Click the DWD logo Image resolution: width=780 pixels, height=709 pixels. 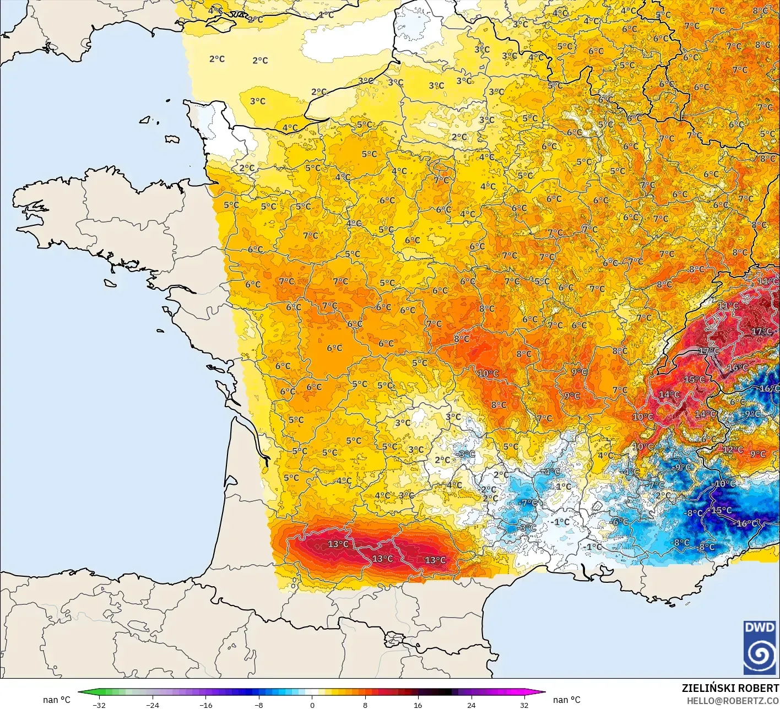760,647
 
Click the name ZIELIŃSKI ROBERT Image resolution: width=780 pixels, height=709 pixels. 730,688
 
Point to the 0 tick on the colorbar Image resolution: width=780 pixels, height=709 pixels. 312,705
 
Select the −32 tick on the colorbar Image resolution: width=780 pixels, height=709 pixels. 99,705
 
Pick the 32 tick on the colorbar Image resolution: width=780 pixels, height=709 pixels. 524,705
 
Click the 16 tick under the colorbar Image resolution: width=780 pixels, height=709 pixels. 418,705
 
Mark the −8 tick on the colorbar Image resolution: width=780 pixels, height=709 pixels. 258,705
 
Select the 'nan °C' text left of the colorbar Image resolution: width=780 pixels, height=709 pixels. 57,700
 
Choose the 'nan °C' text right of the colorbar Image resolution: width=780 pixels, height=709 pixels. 567,700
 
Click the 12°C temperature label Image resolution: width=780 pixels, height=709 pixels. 733,450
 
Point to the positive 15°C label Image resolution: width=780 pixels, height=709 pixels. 694,380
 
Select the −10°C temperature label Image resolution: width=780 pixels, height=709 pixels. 724,484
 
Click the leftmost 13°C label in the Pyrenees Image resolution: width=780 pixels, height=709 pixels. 338,544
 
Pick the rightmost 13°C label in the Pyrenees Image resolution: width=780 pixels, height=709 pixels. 435,560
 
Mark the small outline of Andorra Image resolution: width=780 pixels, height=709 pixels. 393,640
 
